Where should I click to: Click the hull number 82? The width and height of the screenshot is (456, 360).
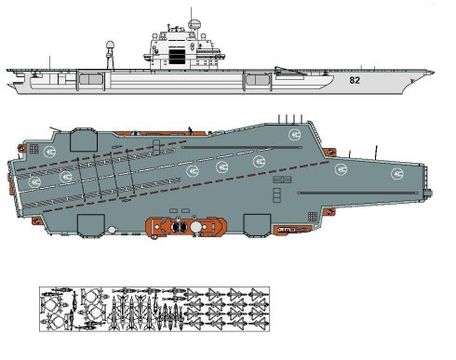coord(355,80)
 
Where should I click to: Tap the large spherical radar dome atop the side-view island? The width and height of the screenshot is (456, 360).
coord(194,24)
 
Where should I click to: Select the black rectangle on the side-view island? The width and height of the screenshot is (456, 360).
coord(177,55)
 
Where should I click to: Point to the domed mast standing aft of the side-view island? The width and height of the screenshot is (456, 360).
coord(110,55)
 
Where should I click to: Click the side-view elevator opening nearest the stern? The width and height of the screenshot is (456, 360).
coord(90,79)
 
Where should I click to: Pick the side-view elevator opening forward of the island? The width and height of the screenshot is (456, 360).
coord(258,80)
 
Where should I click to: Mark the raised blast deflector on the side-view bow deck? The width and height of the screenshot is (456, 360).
coord(288,71)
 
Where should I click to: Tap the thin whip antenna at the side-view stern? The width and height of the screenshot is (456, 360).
coord(49,63)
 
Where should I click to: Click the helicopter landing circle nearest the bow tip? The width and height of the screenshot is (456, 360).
coord(397,174)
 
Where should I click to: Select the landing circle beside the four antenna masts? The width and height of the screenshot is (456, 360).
coord(294,135)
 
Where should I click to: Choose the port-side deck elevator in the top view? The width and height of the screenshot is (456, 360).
coord(84,140)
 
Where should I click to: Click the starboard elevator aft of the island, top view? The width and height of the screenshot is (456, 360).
coord(90,226)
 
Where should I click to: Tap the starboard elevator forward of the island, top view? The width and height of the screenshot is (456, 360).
coord(257,225)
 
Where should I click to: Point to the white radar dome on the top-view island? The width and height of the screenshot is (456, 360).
coord(195,227)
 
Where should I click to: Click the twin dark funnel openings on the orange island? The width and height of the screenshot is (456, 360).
coord(179,227)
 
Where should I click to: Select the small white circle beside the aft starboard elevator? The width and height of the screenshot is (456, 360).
coord(112,230)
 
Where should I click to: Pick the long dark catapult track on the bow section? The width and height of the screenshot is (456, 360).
coord(358,193)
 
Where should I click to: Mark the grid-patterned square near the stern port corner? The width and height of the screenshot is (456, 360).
coord(34,149)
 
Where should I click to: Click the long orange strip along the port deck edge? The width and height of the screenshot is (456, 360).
coord(160,133)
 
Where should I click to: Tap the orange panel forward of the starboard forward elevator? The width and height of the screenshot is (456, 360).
coord(293,230)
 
